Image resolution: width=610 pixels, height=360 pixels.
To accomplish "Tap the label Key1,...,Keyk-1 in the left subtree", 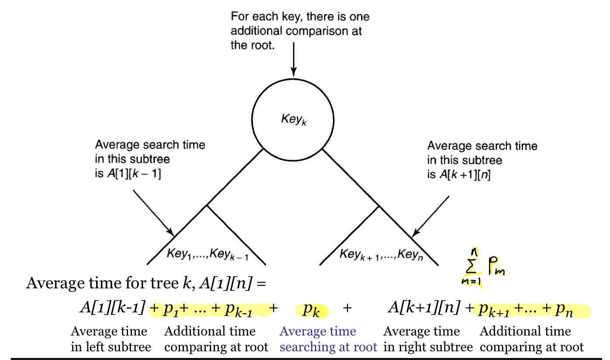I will (x=208, y=254).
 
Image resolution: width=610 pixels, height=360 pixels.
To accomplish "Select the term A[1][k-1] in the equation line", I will (x=112, y=308).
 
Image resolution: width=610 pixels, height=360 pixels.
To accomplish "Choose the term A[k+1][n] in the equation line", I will (x=424, y=308).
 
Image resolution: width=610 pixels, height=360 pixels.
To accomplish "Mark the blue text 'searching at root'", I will (x=328, y=347).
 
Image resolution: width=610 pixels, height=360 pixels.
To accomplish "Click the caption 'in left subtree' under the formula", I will (x=111, y=347).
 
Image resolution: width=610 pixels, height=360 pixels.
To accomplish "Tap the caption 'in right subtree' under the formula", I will (x=428, y=347).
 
